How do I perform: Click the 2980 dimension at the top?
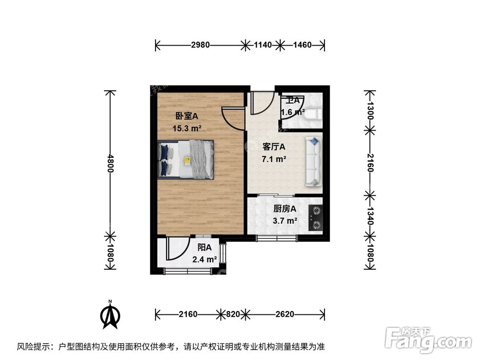click(200, 45)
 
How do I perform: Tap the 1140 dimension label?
click(263, 45)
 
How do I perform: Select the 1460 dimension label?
click(302, 45)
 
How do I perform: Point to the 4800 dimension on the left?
click(110, 164)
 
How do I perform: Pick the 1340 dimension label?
click(369, 214)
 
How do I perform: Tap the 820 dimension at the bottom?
click(233, 314)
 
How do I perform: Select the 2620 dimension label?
click(285, 314)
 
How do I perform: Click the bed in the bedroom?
click(186, 159)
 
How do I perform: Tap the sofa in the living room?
click(313, 161)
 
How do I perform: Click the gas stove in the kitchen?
click(316, 216)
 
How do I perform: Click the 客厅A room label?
click(274, 147)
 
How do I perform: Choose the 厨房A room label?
click(285, 209)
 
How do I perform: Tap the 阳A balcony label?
click(205, 248)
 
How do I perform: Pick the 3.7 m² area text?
click(285, 221)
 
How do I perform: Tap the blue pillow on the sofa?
click(314, 142)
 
